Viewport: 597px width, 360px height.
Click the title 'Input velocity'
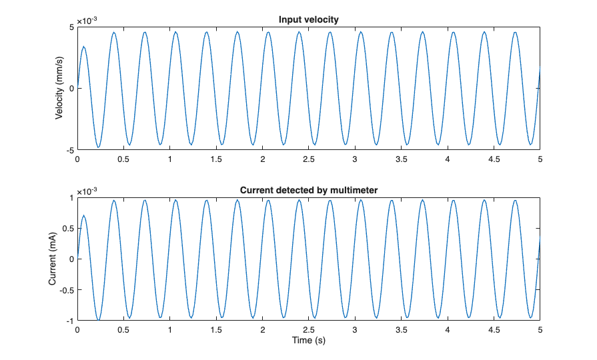(308, 19)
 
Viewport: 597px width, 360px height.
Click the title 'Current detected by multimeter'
(308, 190)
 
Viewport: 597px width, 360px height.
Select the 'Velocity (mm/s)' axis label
(59, 88)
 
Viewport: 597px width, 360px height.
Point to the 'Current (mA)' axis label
(53, 259)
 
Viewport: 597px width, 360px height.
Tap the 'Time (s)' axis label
(308, 340)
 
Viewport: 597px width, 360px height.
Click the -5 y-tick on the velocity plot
(69, 150)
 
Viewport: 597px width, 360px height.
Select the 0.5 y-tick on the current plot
(67, 228)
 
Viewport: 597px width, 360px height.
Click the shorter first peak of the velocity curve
(84, 47)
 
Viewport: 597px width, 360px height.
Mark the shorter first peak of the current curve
(84, 215)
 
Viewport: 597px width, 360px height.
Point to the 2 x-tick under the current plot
(262, 329)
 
